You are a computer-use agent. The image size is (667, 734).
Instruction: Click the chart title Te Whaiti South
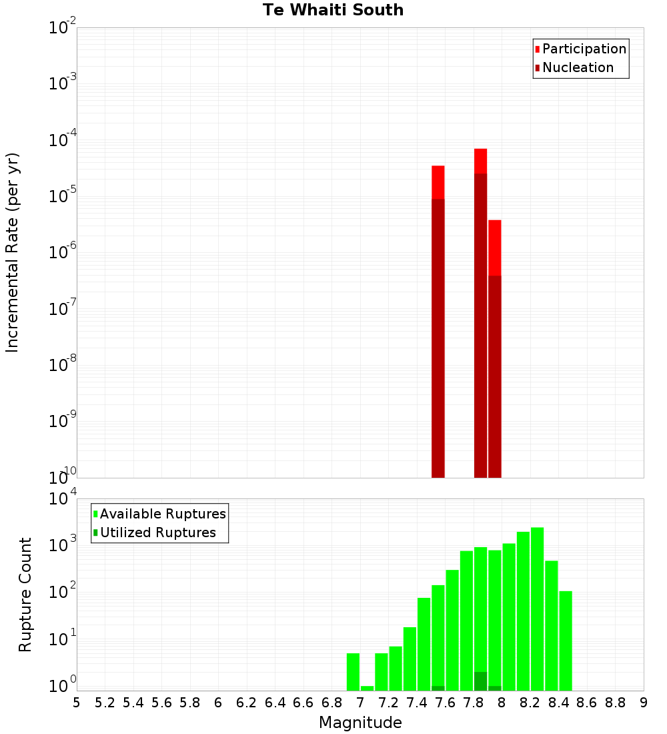[x=333, y=10]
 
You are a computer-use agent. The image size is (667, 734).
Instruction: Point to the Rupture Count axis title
[x=25, y=595]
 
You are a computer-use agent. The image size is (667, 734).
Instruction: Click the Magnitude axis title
[x=360, y=723]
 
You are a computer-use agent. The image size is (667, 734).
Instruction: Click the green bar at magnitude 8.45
[x=566, y=641]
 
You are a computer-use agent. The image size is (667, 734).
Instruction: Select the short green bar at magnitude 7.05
[x=368, y=688]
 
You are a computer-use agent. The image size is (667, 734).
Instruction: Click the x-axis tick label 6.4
[x=275, y=703]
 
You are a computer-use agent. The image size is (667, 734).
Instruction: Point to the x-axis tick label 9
[x=644, y=703]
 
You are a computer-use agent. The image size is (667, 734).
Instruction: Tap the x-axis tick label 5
[x=77, y=703]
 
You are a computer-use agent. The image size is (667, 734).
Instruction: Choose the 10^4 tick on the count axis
[x=63, y=498]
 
